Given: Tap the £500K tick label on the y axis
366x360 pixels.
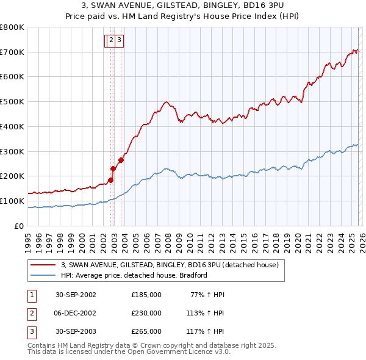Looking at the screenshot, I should coord(12,102).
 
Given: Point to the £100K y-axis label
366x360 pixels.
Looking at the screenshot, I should coord(12,201).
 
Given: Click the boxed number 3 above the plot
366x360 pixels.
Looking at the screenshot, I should coord(119,41).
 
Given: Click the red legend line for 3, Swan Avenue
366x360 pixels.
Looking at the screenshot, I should coord(43,265).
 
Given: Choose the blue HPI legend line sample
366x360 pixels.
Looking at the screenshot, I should coord(43,275).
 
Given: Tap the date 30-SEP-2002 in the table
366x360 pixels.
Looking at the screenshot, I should coord(76,295).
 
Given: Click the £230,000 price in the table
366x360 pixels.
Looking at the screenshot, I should coord(146,313).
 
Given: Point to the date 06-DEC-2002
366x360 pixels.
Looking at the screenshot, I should coord(76,313).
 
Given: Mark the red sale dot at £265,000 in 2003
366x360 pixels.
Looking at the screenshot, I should coord(121,160).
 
